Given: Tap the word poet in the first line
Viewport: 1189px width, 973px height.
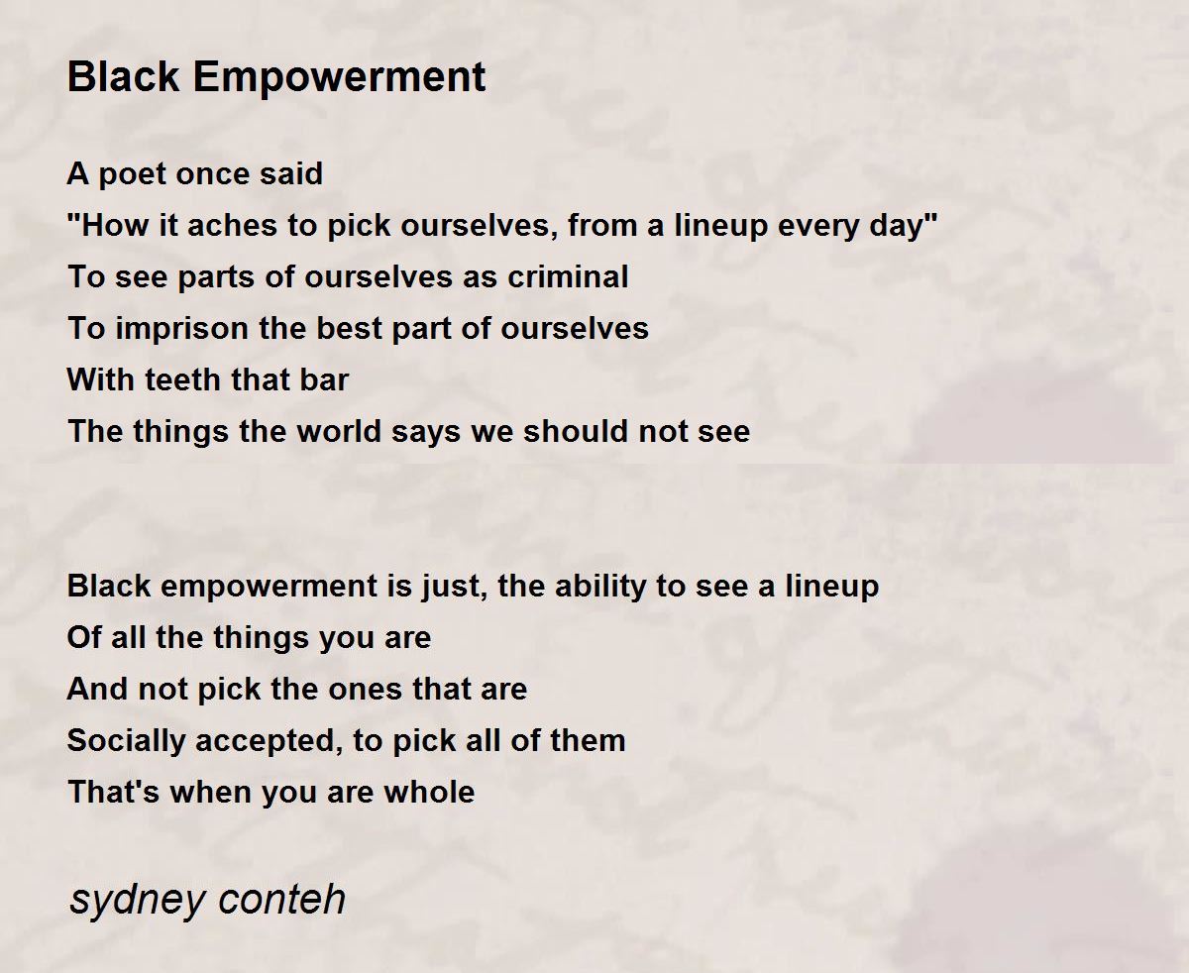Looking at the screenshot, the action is coord(133,174).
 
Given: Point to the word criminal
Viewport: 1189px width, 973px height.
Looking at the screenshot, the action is coord(568,276).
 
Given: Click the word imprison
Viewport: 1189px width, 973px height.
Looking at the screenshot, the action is coord(182,329).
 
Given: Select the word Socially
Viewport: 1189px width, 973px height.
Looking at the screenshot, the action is coord(126,741).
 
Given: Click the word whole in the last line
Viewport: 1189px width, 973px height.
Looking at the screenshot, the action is coord(429,792).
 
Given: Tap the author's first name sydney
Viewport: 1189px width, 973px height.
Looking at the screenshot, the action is coord(137,901).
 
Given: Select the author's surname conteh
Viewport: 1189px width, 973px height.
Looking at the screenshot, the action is coord(281,899).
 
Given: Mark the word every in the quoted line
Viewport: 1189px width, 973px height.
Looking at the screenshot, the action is coord(817,226).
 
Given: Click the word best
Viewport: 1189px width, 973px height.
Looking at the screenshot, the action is coord(349,328).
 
